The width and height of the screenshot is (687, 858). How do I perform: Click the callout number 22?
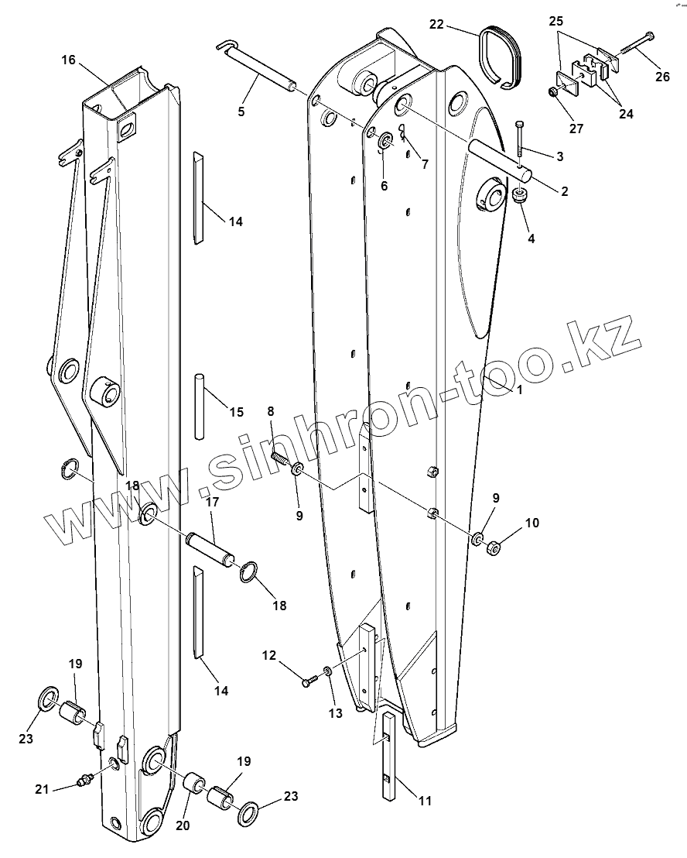(436, 25)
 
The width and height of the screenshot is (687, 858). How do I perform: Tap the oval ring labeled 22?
(501, 53)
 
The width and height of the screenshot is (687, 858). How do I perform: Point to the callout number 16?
(69, 60)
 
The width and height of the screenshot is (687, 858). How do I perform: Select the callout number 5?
(241, 112)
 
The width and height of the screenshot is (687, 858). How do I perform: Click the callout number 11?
(426, 801)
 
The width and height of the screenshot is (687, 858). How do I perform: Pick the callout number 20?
(183, 825)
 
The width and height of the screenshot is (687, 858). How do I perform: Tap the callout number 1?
(520, 390)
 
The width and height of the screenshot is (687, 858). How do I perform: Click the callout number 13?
(335, 713)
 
